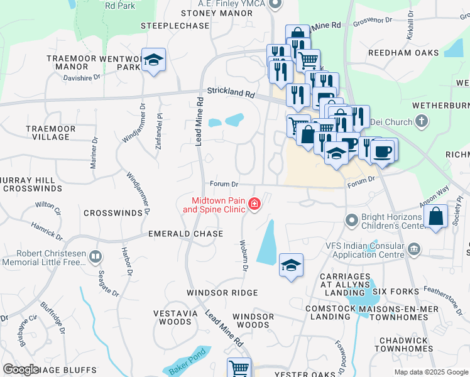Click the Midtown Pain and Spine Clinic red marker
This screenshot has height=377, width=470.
(x=254, y=204)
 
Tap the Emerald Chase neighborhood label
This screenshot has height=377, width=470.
(x=185, y=234)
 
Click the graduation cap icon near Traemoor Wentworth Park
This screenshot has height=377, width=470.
(x=153, y=60)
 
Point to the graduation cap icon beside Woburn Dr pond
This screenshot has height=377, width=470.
(x=291, y=265)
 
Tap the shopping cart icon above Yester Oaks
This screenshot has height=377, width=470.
(x=239, y=368)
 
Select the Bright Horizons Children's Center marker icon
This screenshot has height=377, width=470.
(x=352, y=221)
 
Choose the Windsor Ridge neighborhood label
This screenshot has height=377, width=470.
(x=222, y=293)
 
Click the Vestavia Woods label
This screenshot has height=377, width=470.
(x=173, y=317)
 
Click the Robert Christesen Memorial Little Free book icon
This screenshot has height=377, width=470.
(x=96, y=256)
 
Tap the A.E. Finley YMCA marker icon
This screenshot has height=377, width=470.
(x=274, y=5)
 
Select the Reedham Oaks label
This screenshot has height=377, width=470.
(x=403, y=53)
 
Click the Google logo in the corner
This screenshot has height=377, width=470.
(x=21, y=369)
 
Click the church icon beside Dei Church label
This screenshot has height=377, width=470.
(x=422, y=122)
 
